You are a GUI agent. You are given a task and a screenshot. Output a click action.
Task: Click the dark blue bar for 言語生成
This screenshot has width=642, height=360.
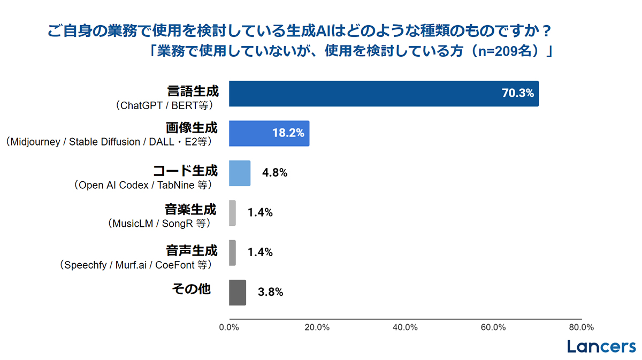click(x=384, y=94)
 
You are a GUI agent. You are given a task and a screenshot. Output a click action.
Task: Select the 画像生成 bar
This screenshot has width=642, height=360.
click(x=269, y=134)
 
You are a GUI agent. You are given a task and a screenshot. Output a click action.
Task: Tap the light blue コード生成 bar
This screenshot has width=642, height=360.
click(x=240, y=173)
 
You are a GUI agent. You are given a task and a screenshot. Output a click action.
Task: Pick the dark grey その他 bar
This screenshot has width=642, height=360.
click(x=238, y=293)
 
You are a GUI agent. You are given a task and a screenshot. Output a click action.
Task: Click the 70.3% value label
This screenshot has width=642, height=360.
click(x=518, y=93)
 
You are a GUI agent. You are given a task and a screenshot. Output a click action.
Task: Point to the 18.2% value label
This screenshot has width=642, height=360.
click(x=288, y=133)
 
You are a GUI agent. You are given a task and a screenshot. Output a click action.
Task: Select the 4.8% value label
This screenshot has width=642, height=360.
click(x=274, y=173)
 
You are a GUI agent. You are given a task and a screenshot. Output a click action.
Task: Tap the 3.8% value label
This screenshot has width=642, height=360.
click(x=270, y=292)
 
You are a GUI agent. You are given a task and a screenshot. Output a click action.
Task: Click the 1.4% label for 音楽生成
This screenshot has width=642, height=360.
click(x=260, y=212)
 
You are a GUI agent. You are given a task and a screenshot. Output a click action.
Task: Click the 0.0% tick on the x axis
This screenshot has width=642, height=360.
click(x=229, y=327)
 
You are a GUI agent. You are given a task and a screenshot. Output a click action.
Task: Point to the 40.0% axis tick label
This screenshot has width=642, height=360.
click(x=406, y=327)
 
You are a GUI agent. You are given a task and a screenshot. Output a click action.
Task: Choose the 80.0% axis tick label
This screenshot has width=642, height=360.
click(x=582, y=327)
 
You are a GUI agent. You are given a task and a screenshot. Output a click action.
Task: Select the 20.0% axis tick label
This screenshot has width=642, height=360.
click(x=317, y=327)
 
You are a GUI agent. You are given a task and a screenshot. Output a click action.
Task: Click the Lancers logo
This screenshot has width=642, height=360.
click(x=601, y=347)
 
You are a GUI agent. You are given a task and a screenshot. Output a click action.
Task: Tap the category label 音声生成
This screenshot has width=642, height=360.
click(x=192, y=250)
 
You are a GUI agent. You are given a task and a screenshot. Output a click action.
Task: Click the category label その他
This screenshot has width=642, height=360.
click(x=192, y=289)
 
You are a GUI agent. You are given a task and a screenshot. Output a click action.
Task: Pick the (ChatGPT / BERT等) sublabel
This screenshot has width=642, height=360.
click(x=164, y=106)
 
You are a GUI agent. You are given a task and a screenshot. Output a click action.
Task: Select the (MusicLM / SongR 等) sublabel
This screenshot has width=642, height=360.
click(x=159, y=224)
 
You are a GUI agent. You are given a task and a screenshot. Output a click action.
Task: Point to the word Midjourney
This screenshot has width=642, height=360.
click(x=35, y=142)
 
